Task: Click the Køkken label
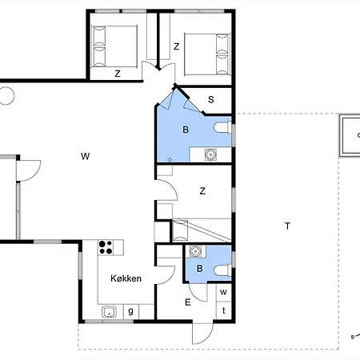point(126,278)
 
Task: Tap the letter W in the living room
point(85,156)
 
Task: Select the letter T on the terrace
point(287,226)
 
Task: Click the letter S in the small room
point(211,99)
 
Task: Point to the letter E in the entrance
point(188,302)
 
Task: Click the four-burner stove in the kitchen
point(106,247)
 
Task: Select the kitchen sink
point(109,312)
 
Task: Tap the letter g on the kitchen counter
point(130,311)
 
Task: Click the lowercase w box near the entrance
point(223,292)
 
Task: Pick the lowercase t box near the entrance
point(223,310)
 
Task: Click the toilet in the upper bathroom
point(222,127)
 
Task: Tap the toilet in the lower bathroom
point(222,270)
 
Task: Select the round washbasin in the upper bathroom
point(210,154)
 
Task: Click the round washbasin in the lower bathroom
point(195,251)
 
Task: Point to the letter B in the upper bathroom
point(186,130)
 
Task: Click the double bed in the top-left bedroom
point(114,46)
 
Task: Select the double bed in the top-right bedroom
point(207,54)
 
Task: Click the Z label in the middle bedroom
point(202,191)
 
